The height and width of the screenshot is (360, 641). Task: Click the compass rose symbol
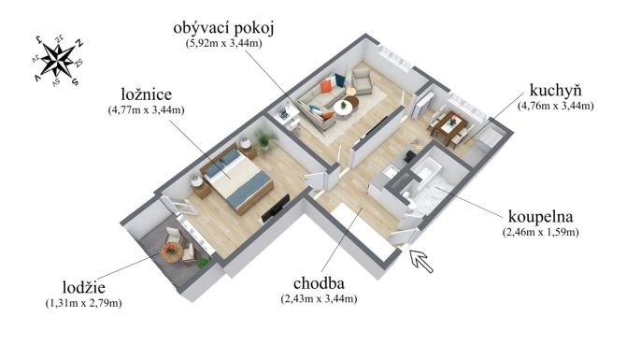58,61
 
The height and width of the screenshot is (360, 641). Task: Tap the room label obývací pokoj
223,29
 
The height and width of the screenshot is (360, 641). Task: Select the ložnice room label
147,94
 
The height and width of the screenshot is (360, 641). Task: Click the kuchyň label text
555,91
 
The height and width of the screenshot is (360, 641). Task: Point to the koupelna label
540,216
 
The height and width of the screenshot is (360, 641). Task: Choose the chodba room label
319,283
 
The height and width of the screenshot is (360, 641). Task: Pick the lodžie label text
84,287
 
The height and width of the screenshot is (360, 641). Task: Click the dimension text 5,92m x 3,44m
223,43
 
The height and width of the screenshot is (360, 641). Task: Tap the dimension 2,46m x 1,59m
540,232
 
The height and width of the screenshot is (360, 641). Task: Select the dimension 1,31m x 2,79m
84,304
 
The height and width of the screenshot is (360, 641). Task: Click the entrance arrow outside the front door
421,261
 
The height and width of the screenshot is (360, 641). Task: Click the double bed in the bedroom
237,179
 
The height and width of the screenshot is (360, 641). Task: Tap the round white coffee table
343,108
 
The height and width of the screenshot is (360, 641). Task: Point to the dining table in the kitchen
449,124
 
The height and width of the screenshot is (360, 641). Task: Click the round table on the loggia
171,253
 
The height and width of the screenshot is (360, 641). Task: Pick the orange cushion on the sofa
326,86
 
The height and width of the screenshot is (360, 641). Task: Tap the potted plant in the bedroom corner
265,139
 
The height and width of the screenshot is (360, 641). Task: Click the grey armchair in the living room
363,80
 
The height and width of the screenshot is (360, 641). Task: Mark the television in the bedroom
276,209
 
